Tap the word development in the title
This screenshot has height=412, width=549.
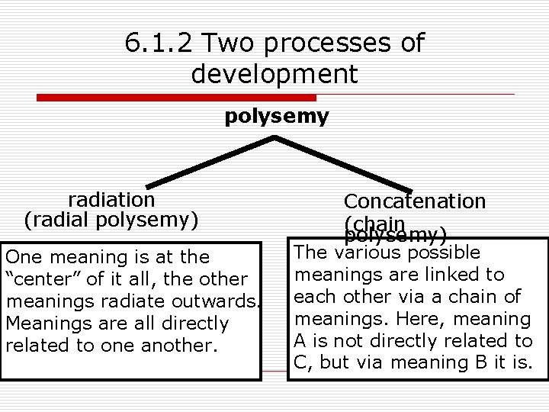click(274, 74)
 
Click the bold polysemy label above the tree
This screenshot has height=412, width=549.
click(277, 116)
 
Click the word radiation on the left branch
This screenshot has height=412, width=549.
click(111, 200)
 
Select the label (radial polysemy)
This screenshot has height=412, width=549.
click(111, 220)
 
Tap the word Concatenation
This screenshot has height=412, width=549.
click(414, 201)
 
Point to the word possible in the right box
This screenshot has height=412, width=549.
click(441, 253)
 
